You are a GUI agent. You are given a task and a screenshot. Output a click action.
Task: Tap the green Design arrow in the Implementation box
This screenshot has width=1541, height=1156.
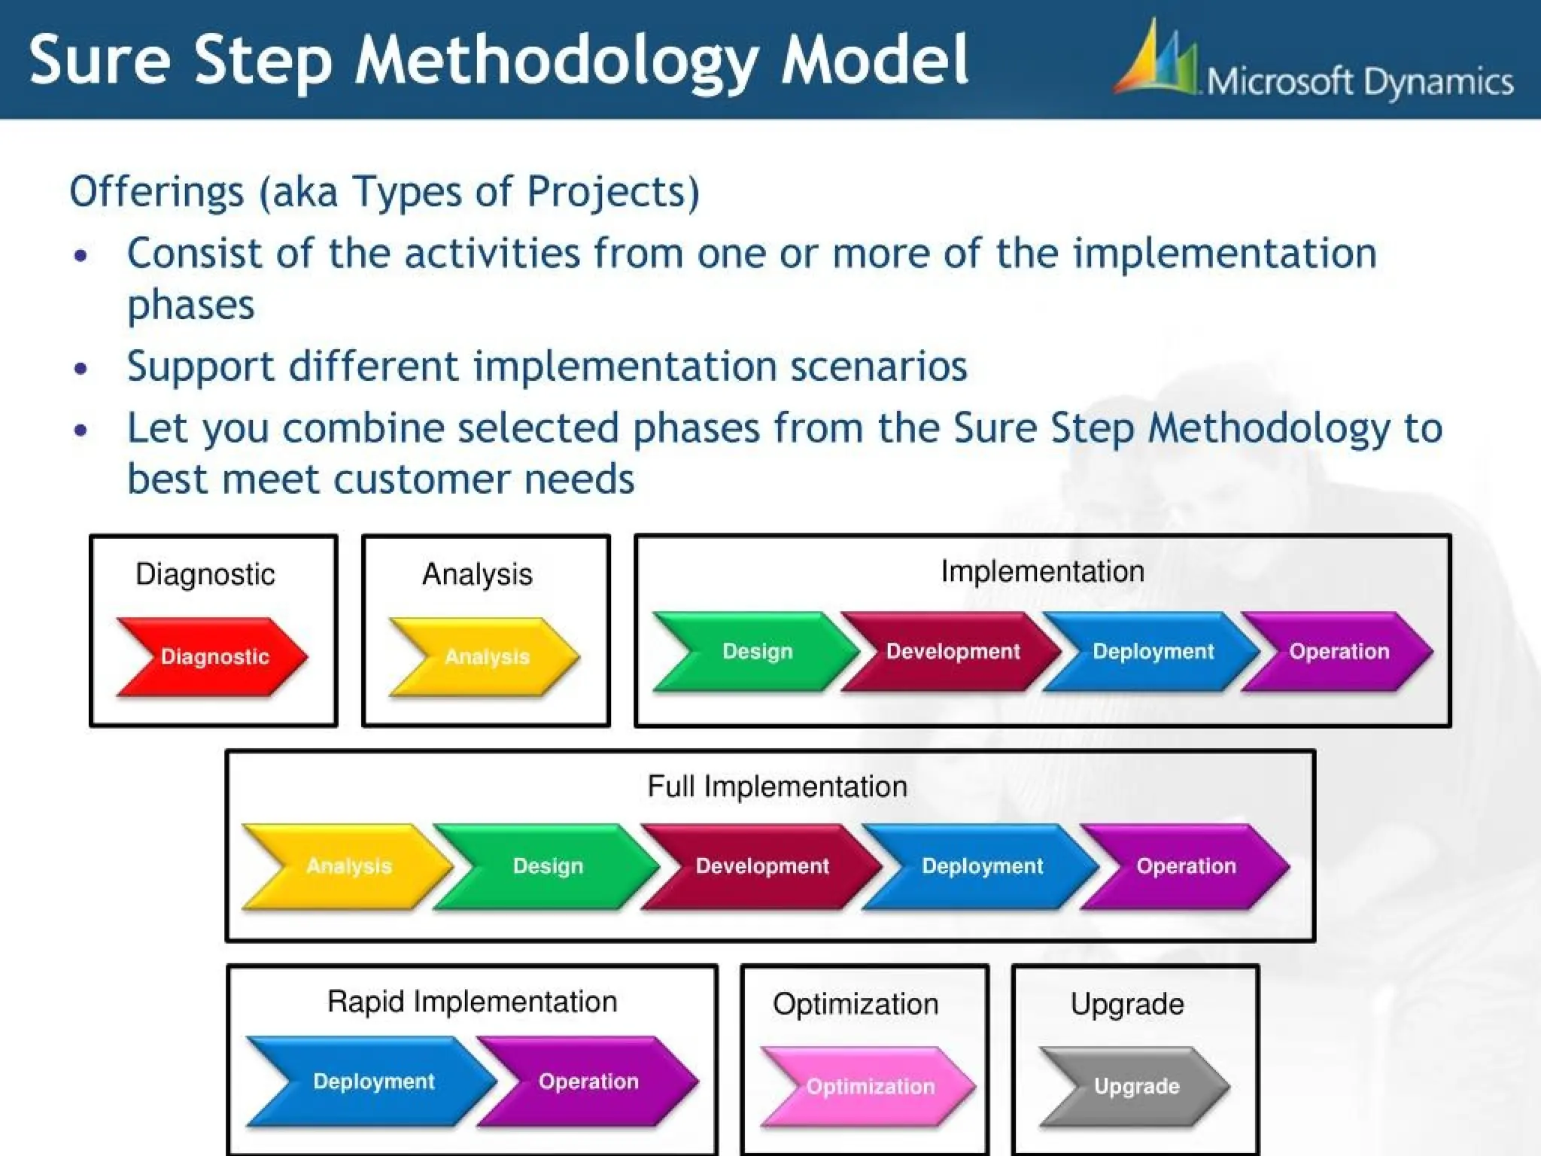757,651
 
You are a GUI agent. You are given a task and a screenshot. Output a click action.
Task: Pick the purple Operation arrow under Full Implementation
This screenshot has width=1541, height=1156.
1186,865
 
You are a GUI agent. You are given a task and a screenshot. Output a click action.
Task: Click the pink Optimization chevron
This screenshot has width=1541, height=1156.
870,1086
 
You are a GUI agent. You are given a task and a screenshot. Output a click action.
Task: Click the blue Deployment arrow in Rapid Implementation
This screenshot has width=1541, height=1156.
373,1081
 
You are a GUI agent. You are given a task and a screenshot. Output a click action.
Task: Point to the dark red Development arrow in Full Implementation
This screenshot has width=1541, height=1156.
761,865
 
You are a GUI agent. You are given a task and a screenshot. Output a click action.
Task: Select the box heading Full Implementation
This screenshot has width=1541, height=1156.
777,786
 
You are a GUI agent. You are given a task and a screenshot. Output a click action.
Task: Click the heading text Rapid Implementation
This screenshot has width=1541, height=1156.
472,1002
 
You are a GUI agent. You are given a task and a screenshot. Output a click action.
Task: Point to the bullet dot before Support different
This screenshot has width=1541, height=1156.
81,369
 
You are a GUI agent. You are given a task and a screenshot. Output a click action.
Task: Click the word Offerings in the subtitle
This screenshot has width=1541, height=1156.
157,191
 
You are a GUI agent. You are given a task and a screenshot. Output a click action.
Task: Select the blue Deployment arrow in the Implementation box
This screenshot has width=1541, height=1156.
1152,651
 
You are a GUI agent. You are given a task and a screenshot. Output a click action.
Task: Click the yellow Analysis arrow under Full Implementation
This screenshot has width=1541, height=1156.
348,865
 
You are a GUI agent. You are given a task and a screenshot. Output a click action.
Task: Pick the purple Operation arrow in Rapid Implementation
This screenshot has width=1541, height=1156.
588,1081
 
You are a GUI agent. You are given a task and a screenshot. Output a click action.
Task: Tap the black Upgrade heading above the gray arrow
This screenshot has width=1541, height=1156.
1127,1004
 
